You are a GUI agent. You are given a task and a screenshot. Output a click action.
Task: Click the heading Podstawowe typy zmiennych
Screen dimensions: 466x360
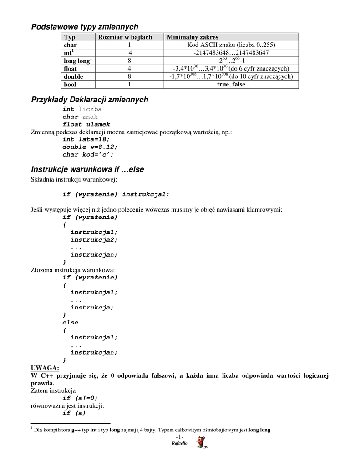85,27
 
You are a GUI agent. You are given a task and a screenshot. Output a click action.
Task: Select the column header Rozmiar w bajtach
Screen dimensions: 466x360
125,37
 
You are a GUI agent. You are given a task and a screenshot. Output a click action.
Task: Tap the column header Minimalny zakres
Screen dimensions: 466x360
193,37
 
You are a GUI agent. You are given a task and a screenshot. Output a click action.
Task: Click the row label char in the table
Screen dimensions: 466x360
70,45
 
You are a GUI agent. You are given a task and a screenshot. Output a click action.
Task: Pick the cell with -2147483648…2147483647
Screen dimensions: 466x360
231,53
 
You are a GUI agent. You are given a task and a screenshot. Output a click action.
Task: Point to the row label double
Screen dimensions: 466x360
73,76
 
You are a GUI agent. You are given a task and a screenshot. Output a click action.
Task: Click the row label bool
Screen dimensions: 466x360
70,84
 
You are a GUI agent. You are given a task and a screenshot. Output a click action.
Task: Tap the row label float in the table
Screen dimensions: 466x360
71,68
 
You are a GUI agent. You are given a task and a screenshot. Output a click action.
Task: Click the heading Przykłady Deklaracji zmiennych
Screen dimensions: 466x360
90,100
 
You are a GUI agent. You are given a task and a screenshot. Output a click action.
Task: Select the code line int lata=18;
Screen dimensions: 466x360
86,139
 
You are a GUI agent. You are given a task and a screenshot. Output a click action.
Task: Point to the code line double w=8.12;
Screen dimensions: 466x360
90,147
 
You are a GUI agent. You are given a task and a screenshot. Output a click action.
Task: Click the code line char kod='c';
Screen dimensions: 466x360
88,154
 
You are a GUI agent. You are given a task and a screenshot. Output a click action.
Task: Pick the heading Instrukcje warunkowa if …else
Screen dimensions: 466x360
87,169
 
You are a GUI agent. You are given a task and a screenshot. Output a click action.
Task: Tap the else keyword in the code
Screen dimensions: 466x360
70,322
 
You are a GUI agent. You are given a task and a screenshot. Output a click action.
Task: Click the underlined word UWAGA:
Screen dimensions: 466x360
45,368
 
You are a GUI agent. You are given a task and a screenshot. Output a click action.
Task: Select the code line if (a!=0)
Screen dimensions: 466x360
80,398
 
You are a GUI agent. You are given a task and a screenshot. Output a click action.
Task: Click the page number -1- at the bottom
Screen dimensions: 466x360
180,437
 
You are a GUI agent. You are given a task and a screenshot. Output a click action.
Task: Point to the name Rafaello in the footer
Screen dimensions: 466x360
179,443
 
